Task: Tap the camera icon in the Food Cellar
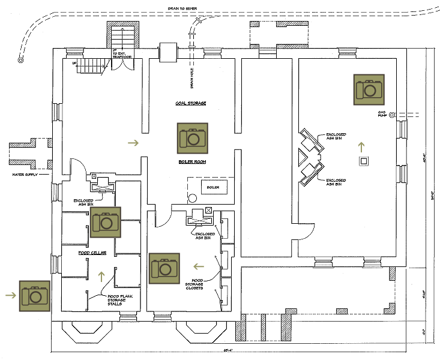pos(106,222)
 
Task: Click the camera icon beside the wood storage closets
pos(164,268)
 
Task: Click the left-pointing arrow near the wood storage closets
pos(199,265)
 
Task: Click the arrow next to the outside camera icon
pos(9,295)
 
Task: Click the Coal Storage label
pos(191,103)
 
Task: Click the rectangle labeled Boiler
pos(212,187)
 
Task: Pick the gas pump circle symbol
pos(391,114)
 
